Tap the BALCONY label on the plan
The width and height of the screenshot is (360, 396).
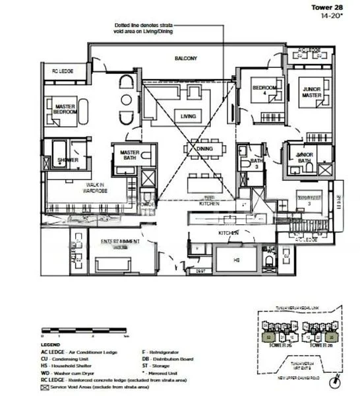pyautogui.click(x=185, y=58)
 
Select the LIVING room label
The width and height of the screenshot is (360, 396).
pyautogui.click(x=189, y=117)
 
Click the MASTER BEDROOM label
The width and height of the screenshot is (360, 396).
pyautogui.click(x=65, y=110)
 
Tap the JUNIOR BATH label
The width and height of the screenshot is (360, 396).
pyautogui.click(x=303, y=157)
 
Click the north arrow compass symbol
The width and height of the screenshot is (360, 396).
pyautogui.click(x=337, y=382)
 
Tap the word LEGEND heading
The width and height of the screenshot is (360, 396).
pyautogui.click(x=50, y=345)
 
